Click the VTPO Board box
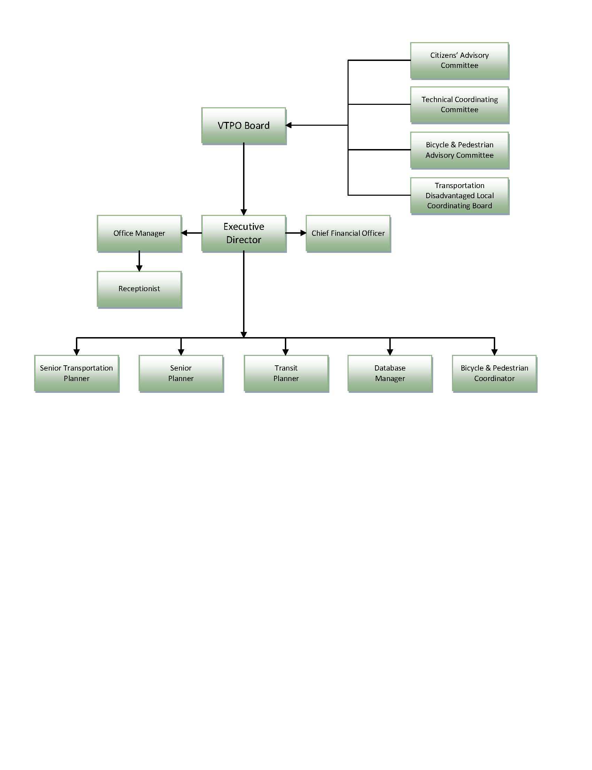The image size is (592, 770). coord(244,126)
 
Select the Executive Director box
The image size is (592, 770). coord(244,233)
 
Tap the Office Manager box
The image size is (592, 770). coord(140,233)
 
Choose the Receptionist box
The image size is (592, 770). coord(140,289)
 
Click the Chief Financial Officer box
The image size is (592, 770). coord(349,233)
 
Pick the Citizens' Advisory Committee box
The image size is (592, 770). coord(460,61)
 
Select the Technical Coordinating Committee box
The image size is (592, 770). coord(460,105)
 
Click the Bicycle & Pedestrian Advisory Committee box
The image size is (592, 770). coord(460,150)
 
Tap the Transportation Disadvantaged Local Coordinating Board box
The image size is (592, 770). coord(460,196)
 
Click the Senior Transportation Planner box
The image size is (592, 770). coord(77,374)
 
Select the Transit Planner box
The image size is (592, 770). coord(287,374)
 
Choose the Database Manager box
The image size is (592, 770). coord(390,374)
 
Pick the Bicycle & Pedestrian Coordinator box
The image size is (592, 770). coord(495,374)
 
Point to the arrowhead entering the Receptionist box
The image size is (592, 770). coord(139,268)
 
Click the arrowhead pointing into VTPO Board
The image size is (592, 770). coord(289,125)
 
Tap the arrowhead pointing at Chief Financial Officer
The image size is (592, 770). coord(303,233)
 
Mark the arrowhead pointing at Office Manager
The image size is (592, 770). coord(184,233)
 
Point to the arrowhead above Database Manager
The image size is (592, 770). coord(390,352)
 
